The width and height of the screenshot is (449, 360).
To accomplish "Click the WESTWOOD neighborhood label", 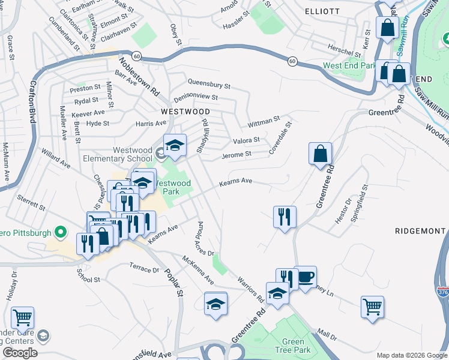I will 185,112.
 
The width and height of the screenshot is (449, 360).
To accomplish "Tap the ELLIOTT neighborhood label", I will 322,11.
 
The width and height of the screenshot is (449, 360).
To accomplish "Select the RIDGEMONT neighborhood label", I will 420,230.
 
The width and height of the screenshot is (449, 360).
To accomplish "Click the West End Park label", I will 349,65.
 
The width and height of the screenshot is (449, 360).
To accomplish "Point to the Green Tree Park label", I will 293,346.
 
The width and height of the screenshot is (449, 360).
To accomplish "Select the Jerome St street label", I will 236,154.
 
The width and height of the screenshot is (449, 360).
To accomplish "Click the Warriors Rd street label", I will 250,289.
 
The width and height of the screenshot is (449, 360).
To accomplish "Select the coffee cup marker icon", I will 305,277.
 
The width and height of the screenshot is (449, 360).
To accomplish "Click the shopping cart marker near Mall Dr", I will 373,307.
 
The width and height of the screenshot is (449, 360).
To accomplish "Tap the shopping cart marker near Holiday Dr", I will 22,317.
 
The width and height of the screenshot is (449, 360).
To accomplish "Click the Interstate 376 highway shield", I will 443,292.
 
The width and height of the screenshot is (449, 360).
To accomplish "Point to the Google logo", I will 19,353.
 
